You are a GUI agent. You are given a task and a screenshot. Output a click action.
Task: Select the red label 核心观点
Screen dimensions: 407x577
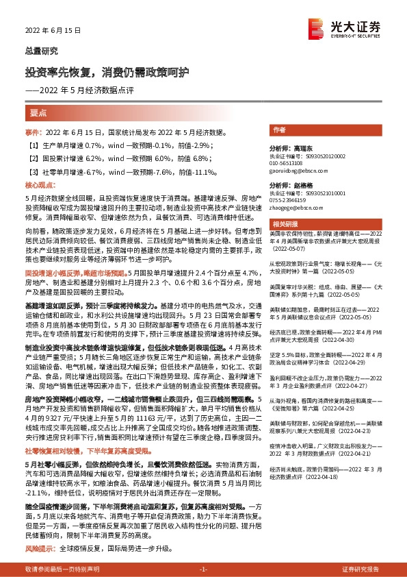point(38,185)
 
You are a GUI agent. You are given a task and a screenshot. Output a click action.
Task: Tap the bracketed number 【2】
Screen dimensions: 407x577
point(32,157)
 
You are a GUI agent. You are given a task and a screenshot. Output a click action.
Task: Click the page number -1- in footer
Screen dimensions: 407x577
point(203,569)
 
